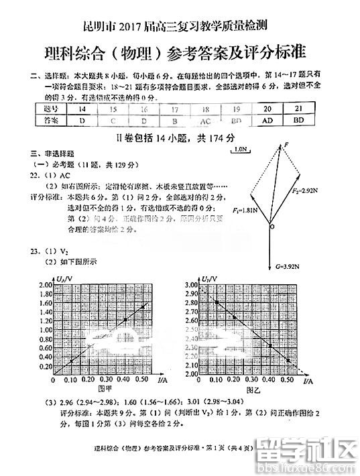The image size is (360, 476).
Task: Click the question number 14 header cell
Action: [x=82, y=109]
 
